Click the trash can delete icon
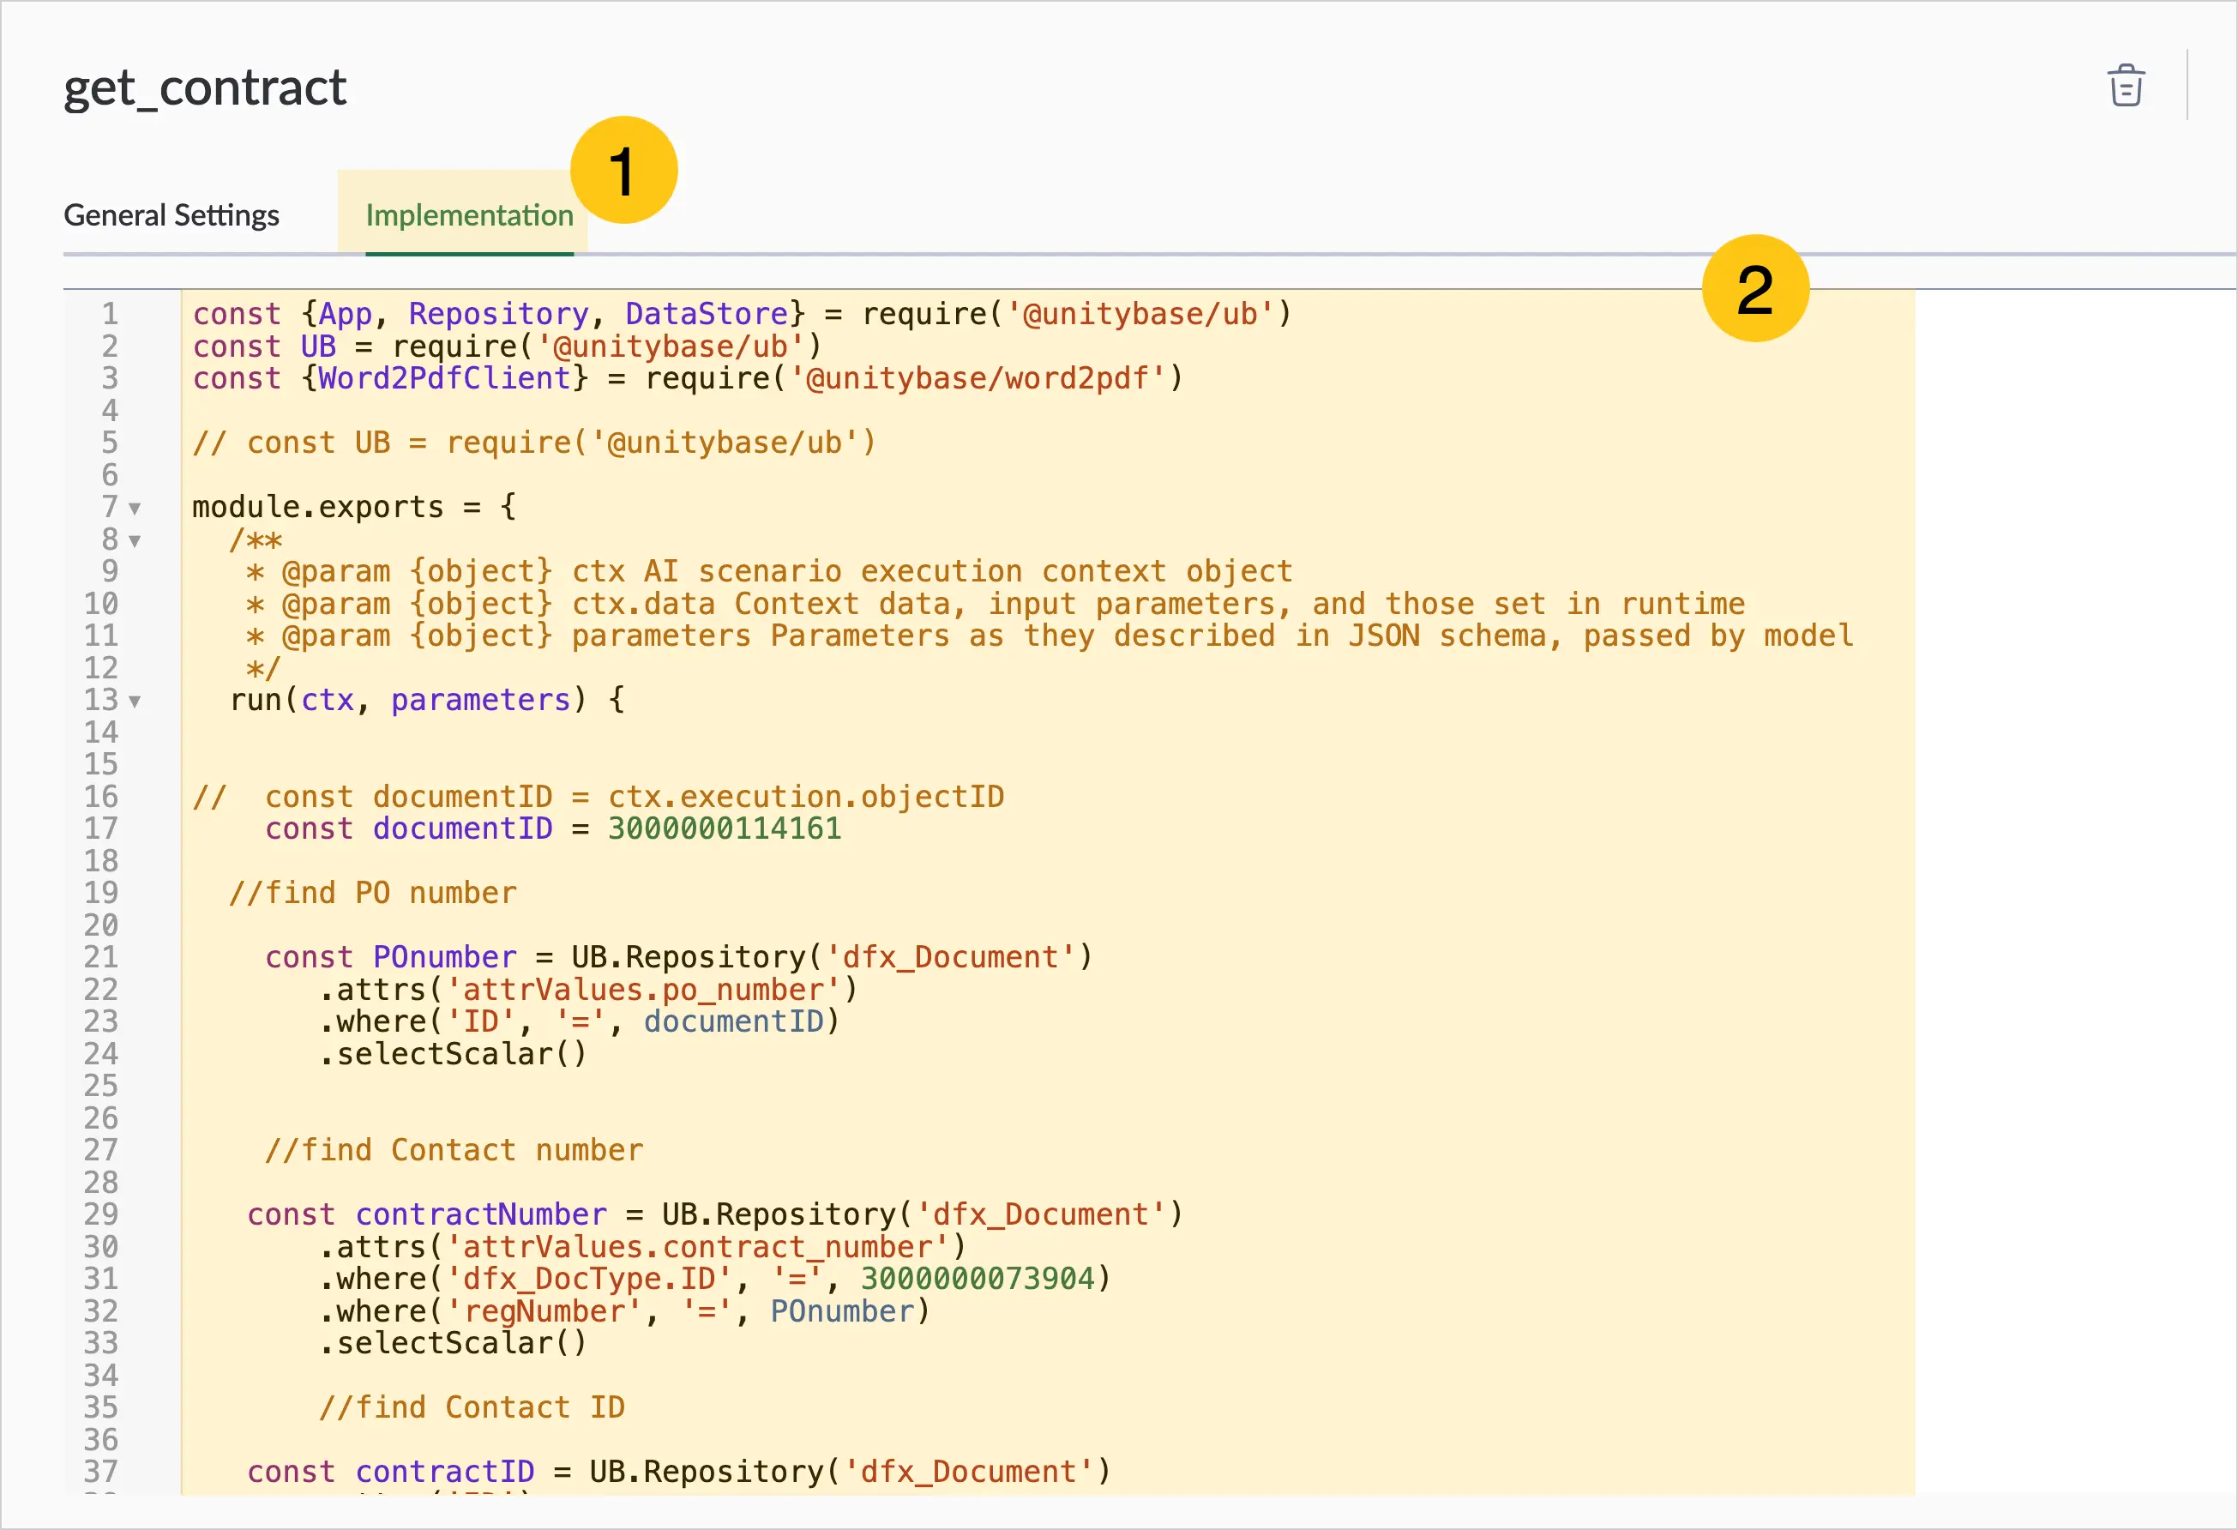(x=2127, y=86)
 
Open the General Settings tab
(x=171, y=214)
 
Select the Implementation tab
(x=469, y=214)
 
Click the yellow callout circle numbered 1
(x=624, y=171)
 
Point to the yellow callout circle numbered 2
(x=1755, y=288)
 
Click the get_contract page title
(x=205, y=88)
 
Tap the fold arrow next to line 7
(x=135, y=509)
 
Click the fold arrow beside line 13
(x=135, y=701)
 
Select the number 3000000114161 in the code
(x=725, y=829)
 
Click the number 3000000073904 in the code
(x=978, y=1279)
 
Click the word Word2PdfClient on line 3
(x=444, y=378)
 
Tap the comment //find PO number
(x=373, y=894)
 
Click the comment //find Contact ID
(x=472, y=1407)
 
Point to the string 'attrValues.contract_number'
(x=699, y=1247)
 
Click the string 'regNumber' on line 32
(x=544, y=1311)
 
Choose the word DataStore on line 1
(x=707, y=314)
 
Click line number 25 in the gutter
(x=101, y=1086)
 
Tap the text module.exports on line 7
(x=318, y=508)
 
